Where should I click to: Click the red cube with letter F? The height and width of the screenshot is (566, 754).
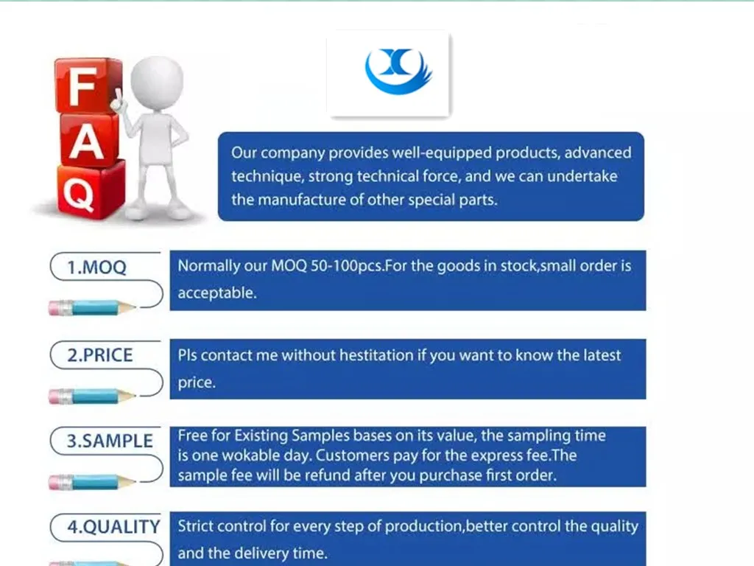click(88, 86)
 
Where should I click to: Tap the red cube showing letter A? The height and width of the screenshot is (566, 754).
click(89, 140)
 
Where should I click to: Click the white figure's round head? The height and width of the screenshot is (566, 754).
click(157, 80)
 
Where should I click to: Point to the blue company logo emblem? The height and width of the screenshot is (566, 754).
click(398, 71)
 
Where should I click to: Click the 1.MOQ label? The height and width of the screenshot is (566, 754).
click(96, 267)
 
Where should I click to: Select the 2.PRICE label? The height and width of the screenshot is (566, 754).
click(100, 355)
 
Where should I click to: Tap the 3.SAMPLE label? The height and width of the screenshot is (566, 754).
click(110, 441)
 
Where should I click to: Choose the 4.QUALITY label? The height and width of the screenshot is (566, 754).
click(113, 526)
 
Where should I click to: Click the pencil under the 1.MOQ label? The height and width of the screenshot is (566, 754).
click(92, 307)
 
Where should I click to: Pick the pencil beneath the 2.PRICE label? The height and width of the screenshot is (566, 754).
click(92, 396)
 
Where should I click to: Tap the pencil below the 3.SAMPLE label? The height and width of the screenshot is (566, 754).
click(92, 482)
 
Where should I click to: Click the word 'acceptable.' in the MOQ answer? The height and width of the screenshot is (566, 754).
click(217, 293)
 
